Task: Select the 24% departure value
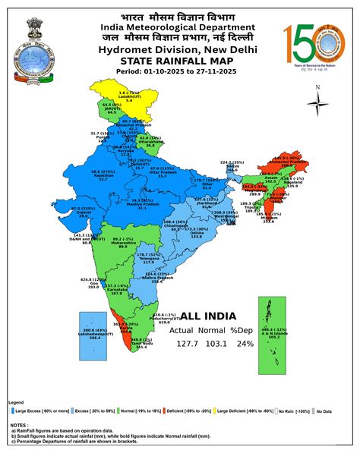coord(247,344)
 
